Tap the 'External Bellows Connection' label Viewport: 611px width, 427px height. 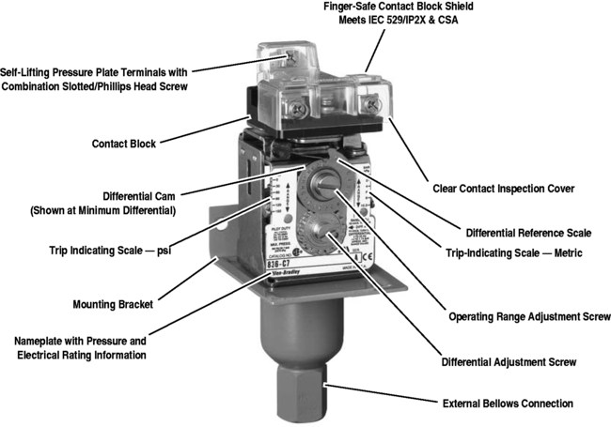coord(508,404)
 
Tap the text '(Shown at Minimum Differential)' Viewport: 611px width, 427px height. coord(103,211)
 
